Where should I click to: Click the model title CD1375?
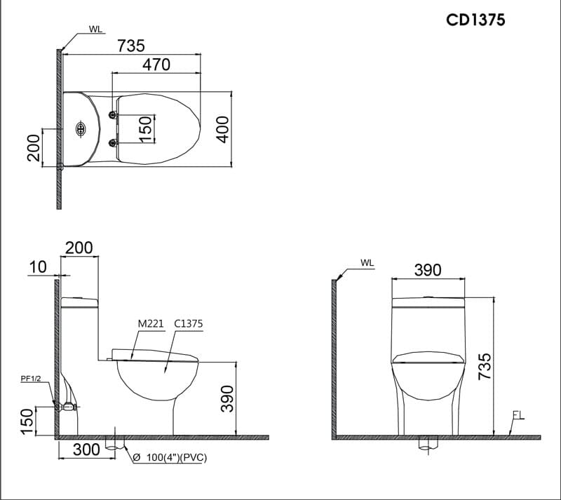tap(475, 20)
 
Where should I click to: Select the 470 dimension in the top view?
tap(156, 64)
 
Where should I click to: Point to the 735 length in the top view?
tap(130, 45)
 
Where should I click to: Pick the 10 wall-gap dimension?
tap(39, 267)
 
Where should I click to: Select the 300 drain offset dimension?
tap(86, 450)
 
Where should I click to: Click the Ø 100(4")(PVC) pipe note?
tap(169, 457)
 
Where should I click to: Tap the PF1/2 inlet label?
tap(32, 379)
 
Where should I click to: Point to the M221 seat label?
tap(151, 324)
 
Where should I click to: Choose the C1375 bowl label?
tap(188, 324)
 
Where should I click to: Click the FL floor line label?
tap(518, 414)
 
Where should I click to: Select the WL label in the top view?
tap(95, 29)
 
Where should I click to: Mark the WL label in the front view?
tap(367, 263)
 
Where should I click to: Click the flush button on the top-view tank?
tap(79, 130)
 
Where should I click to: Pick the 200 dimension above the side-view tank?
tap(79, 248)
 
